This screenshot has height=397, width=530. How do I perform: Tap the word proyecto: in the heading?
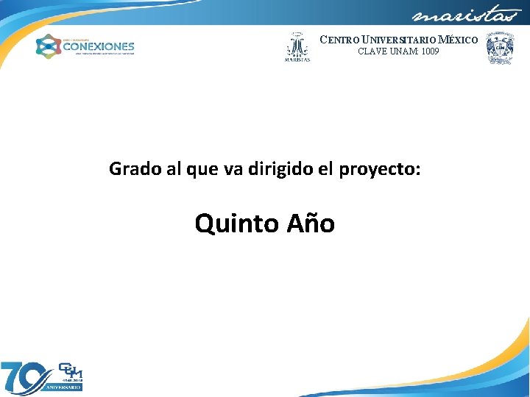(x=380, y=170)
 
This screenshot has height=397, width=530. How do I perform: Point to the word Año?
(x=311, y=223)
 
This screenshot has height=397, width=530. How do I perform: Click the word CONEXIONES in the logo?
(x=99, y=46)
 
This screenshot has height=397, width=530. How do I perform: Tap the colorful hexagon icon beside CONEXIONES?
(x=48, y=47)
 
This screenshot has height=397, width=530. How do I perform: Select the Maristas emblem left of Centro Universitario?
(x=297, y=47)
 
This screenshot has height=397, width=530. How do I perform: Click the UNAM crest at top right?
(x=500, y=48)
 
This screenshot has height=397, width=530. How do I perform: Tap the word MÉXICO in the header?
(x=458, y=40)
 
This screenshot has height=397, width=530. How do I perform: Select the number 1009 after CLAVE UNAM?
(x=429, y=51)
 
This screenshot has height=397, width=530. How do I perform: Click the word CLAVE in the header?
(x=372, y=51)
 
